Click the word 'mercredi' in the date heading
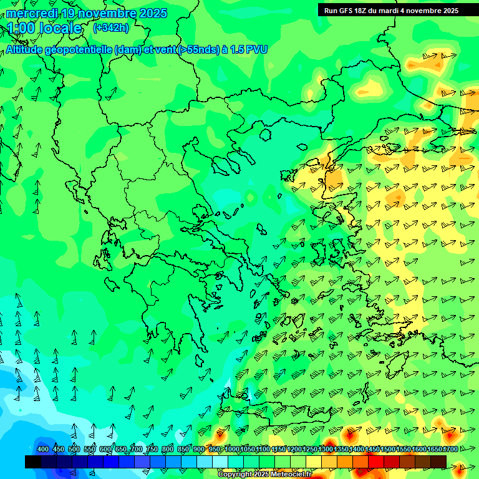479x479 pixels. click(x=32, y=13)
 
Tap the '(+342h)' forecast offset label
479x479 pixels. click(x=111, y=27)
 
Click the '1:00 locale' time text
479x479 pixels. click(x=45, y=28)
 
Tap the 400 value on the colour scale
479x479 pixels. click(x=43, y=449)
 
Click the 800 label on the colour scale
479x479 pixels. click(x=168, y=449)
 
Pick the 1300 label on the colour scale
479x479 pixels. click(x=325, y=449)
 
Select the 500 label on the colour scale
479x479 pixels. click(x=74, y=449)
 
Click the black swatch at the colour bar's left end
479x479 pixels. click(x=33, y=462)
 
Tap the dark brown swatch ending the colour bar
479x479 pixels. click(x=438, y=462)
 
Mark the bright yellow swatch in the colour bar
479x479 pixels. click(x=314, y=462)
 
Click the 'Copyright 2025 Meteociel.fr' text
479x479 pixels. click(x=264, y=475)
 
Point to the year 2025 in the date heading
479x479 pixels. click(x=153, y=13)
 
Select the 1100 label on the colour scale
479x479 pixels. click(x=263, y=449)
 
